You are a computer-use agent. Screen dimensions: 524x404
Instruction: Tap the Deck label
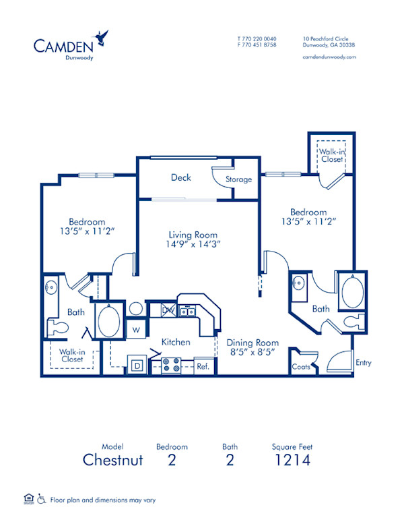pyautogui.click(x=180, y=178)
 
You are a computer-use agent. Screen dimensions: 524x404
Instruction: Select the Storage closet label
pyautogui.click(x=238, y=179)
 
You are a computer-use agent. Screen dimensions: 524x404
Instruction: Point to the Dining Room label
pyautogui.click(x=252, y=343)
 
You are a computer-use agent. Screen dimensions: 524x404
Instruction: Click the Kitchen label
pyautogui.click(x=175, y=342)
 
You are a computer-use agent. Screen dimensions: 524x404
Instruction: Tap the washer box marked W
pyautogui.click(x=135, y=330)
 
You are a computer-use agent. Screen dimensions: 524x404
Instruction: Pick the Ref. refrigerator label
pyautogui.click(x=203, y=367)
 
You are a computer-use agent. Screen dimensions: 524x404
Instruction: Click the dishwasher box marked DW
pyautogui.click(x=168, y=310)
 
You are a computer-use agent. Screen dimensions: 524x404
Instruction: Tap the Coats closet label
pyautogui.click(x=300, y=368)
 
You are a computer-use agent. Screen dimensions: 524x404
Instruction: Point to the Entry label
pyautogui.click(x=363, y=363)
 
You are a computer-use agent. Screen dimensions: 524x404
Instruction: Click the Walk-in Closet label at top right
pyautogui.click(x=331, y=155)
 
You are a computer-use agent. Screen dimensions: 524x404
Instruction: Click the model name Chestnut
pyautogui.click(x=113, y=461)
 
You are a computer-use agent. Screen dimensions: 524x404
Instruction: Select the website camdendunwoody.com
pyautogui.click(x=329, y=57)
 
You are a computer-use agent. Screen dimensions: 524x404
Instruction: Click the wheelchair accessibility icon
pyautogui.click(x=42, y=500)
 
